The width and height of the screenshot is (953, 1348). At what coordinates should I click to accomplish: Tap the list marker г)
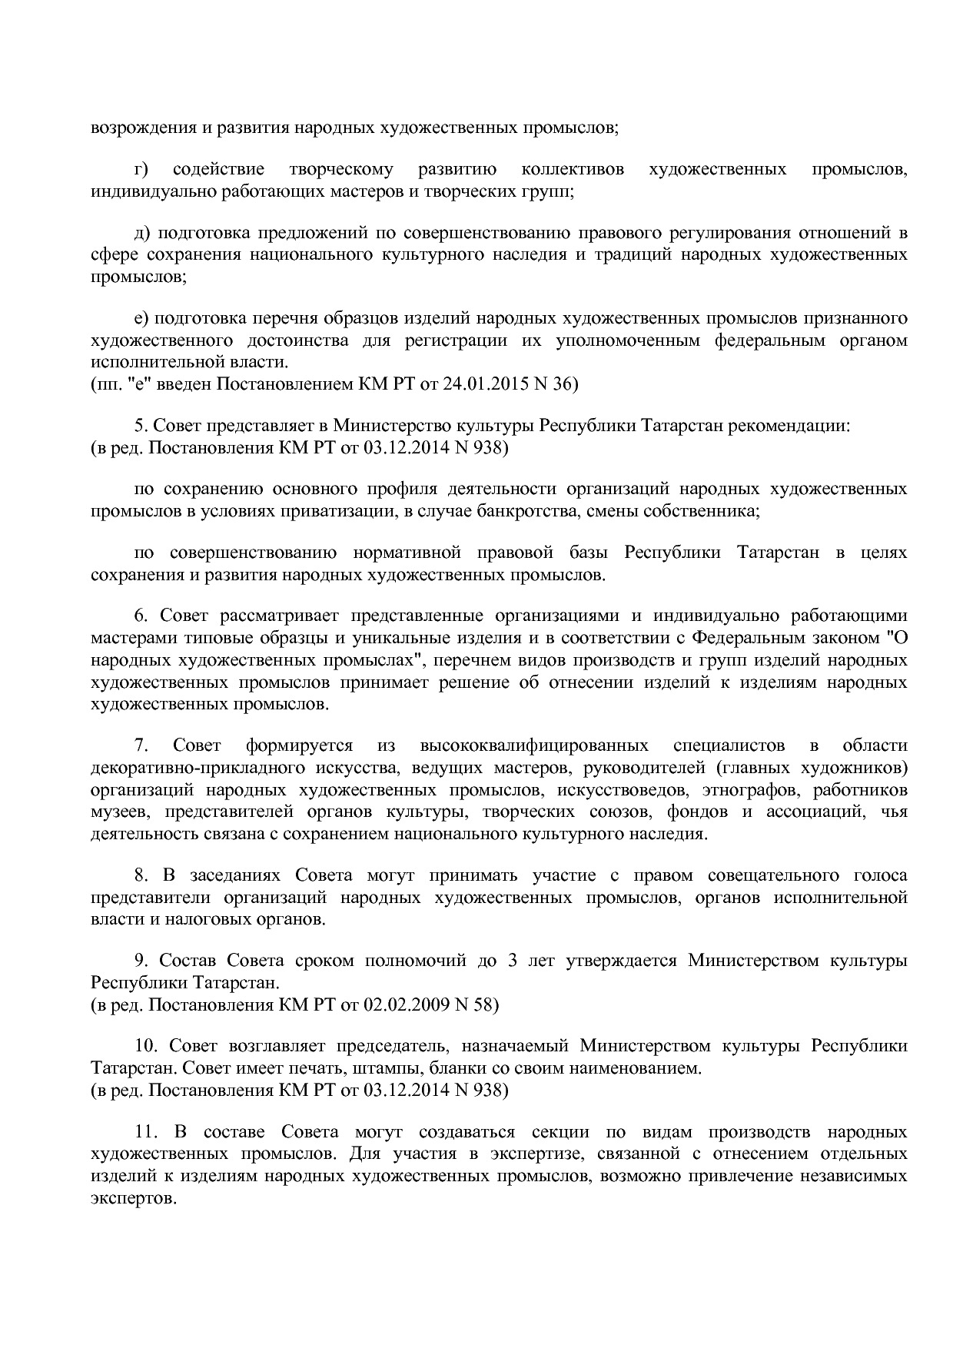(141, 169)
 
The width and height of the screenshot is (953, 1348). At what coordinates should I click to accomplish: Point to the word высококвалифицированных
(533, 745)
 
